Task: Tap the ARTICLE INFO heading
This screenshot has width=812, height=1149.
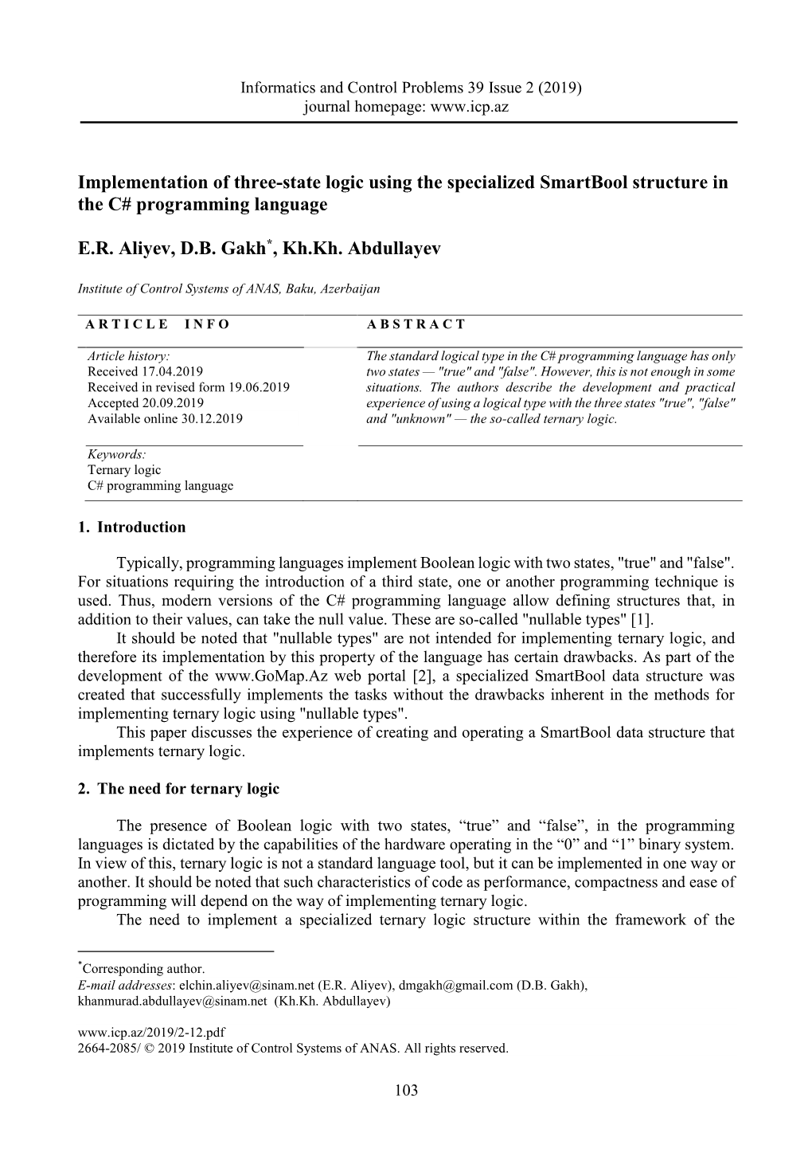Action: click(x=157, y=324)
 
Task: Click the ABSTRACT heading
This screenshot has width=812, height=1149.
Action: click(x=416, y=324)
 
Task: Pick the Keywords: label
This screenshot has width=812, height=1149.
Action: click(x=116, y=454)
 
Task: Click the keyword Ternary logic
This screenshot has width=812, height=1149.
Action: click(x=124, y=470)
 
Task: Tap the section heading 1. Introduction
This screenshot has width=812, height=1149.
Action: click(x=131, y=527)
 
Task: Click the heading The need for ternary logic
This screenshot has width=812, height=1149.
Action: click(x=188, y=789)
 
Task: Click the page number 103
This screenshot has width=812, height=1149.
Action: click(x=406, y=1091)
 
